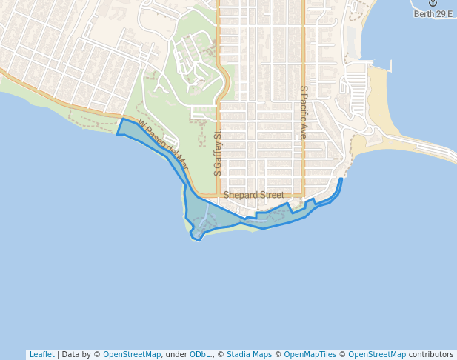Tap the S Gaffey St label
tap(218, 154)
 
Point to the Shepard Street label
tap(253, 195)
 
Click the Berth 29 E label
tap(433, 14)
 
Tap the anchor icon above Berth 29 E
tap(433, 4)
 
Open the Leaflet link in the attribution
tap(41, 354)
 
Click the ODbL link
tap(199, 354)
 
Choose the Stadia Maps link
tap(249, 354)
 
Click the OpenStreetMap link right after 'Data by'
tap(132, 354)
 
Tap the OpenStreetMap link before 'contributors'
tap(377, 354)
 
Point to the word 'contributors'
tap(430, 354)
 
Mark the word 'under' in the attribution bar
tap(176, 354)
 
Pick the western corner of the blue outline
tap(117, 134)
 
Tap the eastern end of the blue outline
tap(341, 179)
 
